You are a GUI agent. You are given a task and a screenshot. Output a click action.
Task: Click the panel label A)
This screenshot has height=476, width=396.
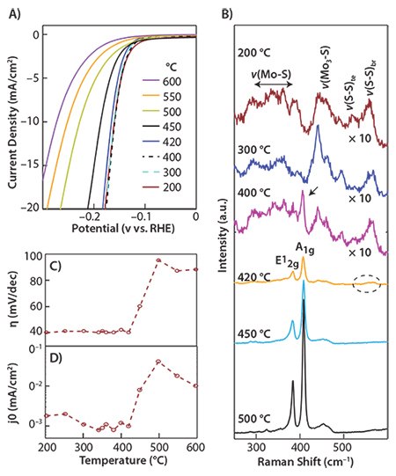13,11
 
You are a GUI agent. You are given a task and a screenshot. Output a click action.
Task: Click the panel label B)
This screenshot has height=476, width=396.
227,11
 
